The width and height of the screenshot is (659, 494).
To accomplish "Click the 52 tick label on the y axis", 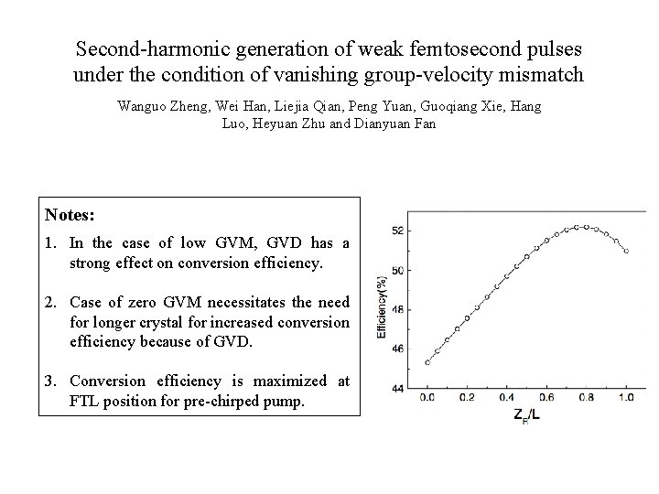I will point(396,230).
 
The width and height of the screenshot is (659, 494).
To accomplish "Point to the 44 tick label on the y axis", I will point(396,388).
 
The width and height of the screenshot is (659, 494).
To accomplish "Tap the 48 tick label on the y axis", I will point(396,309).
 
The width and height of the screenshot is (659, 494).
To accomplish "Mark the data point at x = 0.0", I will point(427,362).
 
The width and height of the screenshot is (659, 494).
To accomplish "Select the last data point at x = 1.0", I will point(626,251).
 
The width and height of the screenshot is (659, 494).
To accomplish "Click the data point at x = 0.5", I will point(526,256).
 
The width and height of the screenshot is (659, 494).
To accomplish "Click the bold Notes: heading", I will point(69,215).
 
